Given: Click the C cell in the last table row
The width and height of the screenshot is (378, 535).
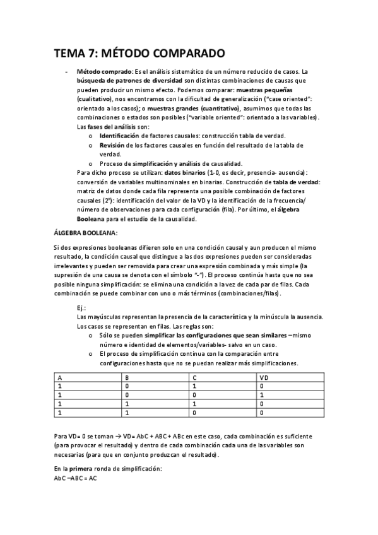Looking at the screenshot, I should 194,412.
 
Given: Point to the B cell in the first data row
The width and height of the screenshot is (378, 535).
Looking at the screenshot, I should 127,385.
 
